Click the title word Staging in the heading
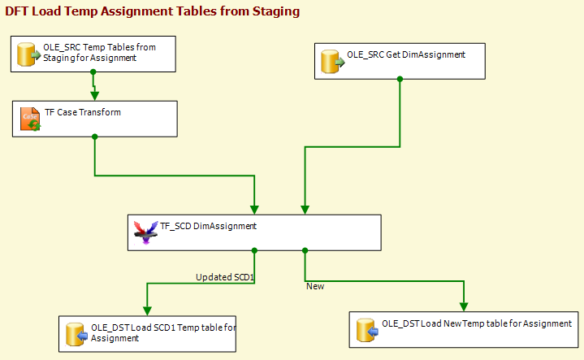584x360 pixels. (276, 11)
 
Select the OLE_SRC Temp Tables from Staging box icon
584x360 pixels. (28, 54)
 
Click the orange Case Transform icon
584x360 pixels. (30, 119)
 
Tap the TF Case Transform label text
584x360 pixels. (83, 112)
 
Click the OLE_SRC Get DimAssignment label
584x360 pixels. (406, 54)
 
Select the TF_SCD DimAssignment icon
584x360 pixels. (145, 232)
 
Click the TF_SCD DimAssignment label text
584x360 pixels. (208, 226)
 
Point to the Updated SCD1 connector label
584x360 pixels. (225, 277)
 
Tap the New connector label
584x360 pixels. (315, 286)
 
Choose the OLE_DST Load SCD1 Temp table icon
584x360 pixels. (76, 334)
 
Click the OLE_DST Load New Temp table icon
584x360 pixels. (367, 330)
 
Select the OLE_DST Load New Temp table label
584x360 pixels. (477, 323)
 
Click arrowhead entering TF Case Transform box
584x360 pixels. (94, 96)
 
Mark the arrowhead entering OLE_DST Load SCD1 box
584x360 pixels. (147, 310)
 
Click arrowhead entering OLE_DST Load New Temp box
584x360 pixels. (464, 306)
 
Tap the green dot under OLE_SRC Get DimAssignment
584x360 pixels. (400, 79)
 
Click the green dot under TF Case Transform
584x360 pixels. (94, 137)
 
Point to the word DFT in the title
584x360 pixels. (17, 11)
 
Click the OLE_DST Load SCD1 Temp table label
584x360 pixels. (163, 333)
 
